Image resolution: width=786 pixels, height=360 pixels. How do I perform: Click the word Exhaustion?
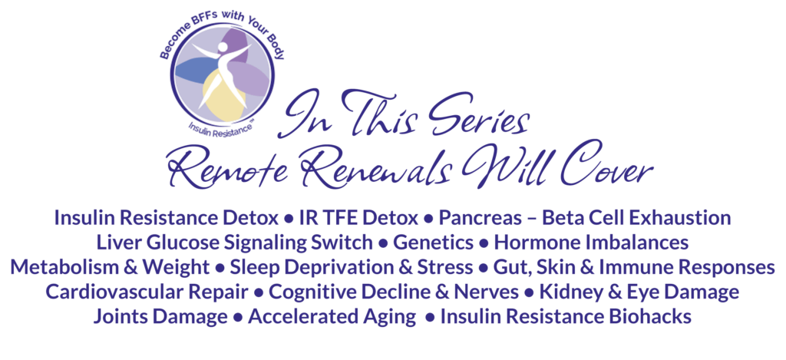(x=676, y=218)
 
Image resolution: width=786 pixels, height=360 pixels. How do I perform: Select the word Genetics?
(x=434, y=243)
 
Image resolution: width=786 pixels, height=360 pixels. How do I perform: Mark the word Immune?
(x=655, y=267)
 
